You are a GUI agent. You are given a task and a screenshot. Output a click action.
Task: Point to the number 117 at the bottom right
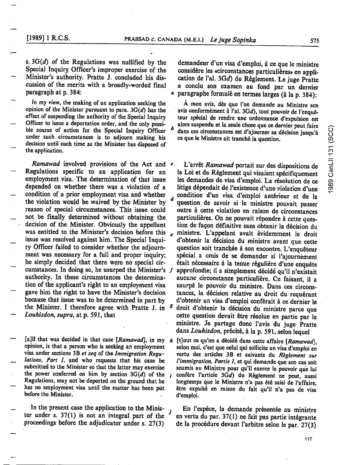tap(308, 439)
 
